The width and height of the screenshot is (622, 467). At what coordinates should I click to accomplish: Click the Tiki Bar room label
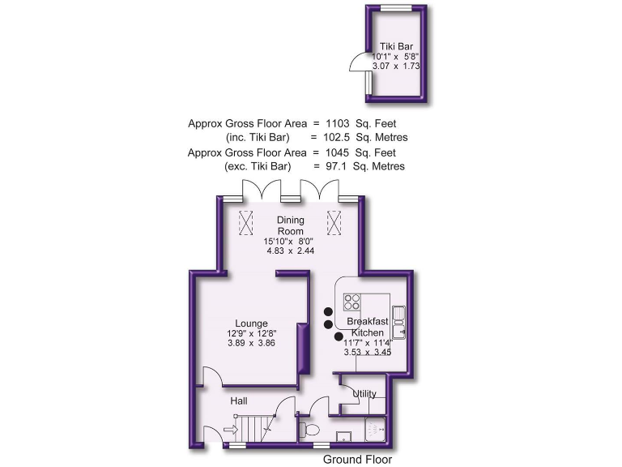pos(397,46)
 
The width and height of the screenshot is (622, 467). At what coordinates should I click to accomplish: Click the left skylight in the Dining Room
pos(246,220)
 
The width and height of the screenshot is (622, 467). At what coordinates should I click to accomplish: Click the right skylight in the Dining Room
pos(334,220)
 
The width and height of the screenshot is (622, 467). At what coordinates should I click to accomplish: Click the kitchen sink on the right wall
pos(399,321)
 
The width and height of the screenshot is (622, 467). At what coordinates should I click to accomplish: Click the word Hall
pos(238,401)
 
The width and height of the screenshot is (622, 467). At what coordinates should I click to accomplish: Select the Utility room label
pos(364,394)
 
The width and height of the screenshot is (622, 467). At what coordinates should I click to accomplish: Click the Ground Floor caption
pos(357,459)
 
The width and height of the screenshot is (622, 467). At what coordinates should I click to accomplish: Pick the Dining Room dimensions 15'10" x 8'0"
pos(290,241)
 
